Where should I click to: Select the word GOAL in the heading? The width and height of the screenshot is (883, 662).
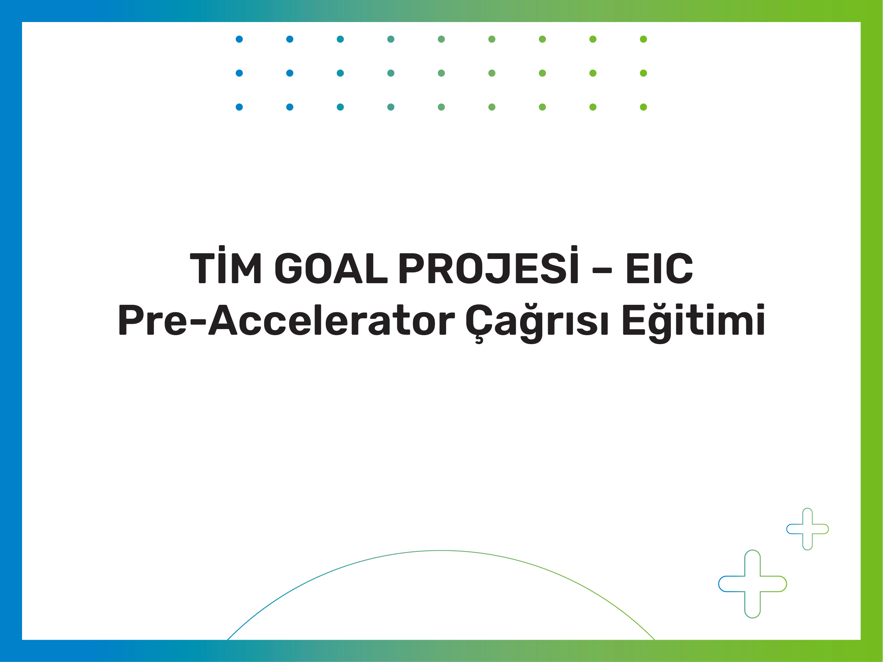point(331,268)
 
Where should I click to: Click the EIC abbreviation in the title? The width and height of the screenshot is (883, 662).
point(660,268)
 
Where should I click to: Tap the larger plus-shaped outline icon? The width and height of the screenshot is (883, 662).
point(753,584)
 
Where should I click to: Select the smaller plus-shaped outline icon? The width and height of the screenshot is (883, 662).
point(808,529)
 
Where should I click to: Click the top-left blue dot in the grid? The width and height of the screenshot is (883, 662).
point(240,39)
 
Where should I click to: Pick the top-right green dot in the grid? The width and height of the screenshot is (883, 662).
point(643,39)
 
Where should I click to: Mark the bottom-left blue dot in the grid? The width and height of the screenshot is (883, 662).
point(240,107)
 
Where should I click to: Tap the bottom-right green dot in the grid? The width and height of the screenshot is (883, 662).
point(643,107)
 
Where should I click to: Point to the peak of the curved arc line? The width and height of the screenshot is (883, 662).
point(441,551)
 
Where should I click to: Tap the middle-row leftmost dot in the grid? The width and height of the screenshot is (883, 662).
point(240,73)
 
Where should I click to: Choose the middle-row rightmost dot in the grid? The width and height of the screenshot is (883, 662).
point(643,73)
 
